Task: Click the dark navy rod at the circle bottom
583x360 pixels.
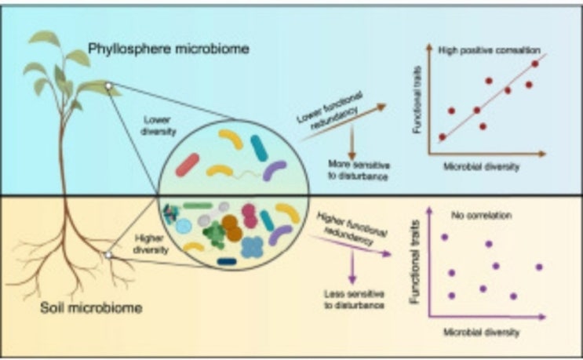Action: [227, 261]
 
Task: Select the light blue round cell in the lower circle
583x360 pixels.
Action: [183, 226]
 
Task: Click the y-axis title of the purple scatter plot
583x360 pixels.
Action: [417, 267]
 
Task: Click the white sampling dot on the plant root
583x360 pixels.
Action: [107, 254]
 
